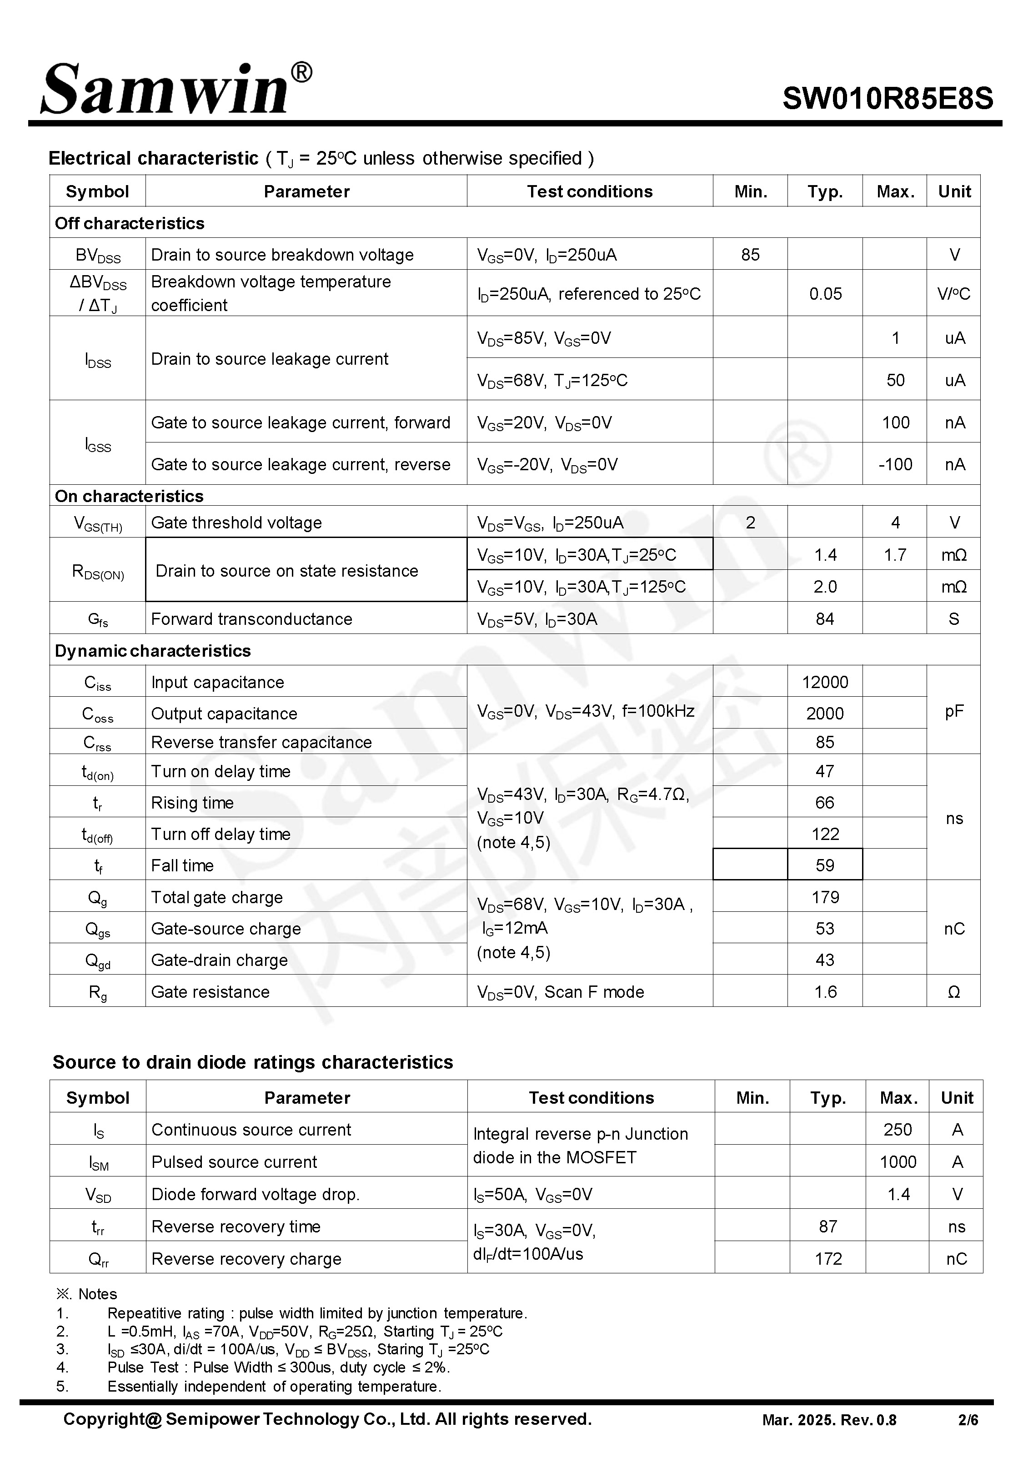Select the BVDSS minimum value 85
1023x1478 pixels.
pos(750,255)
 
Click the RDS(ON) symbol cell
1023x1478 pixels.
pos(97,570)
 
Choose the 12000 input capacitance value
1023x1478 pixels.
pos(825,682)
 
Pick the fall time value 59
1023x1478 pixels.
pos(825,865)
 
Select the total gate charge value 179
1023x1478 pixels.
pos(825,897)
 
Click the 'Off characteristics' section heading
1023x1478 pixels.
pos(130,223)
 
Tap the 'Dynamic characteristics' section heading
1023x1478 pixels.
pos(153,651)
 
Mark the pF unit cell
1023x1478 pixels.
pos(954,711)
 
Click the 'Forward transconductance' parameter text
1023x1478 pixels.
pos(251,618)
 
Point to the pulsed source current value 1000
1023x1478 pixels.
pos(898,1161)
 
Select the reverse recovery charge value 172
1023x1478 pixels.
pos(827,1258)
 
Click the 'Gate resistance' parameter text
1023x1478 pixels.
pos(210,991)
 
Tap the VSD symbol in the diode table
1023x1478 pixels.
pos(98,1194)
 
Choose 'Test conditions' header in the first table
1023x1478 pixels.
pos(590,191)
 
